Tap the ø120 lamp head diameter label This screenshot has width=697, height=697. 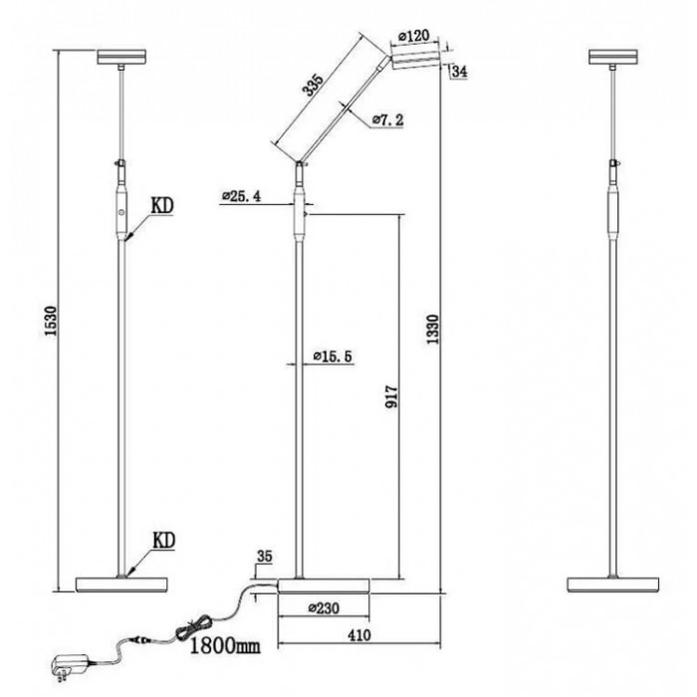point(412,37)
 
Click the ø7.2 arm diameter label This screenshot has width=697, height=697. point(386,120)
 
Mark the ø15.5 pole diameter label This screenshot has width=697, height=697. point(333,355)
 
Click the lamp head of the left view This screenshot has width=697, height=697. point(121,57)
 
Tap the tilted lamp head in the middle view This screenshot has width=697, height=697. point(415,61)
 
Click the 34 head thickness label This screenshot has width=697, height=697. point(460,70)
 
